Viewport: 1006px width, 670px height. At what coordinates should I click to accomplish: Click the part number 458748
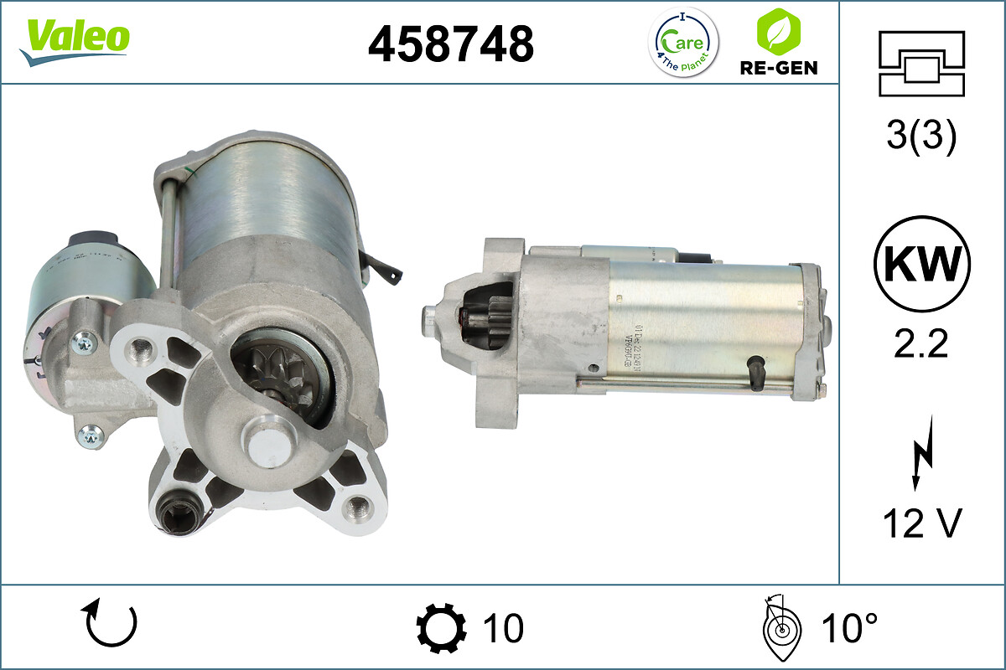coord(451,43)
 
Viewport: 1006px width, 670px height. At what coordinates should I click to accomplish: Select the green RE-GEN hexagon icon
coord(778,32)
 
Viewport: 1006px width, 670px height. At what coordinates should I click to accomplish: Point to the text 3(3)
coord(921,137)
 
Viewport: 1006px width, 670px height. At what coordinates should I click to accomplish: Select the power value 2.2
coord(921,343)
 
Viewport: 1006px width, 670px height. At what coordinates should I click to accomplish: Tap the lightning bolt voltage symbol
coord(920,461)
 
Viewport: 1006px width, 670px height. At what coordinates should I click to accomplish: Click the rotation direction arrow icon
coord(110,626)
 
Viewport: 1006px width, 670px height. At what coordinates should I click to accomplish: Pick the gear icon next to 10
coord(441,627)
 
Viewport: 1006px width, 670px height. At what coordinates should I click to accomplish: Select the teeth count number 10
coord(503,627)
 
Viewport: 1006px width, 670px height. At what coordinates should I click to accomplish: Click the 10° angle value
coord(848,627)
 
